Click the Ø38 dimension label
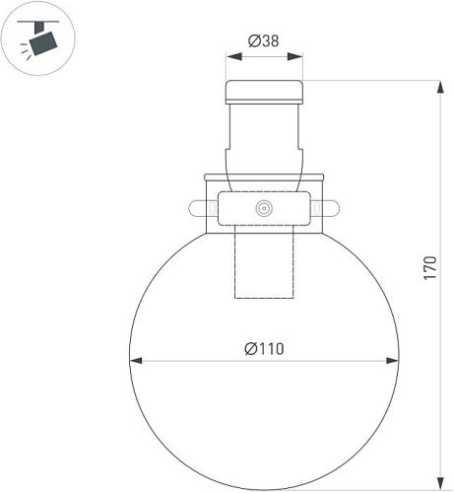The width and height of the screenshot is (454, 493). coord(263,41)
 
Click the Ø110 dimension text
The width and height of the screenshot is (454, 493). coord(264,348)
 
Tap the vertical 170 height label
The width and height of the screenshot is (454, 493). coord(428,268)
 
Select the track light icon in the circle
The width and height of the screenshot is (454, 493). coord(39,38)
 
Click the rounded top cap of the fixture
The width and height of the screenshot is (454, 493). coord(264,93)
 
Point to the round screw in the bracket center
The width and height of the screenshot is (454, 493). coord(263,209)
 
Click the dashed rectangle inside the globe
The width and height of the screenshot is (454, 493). coord(264,266)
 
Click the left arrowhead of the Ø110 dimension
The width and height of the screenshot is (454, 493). coord(135,360)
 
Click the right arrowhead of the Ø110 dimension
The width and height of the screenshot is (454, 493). coord(393,360)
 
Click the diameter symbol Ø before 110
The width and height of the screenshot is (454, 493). coord(250,348)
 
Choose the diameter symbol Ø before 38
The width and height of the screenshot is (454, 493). coord(253,41)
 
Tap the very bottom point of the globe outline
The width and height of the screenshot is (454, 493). coord(264,489)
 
